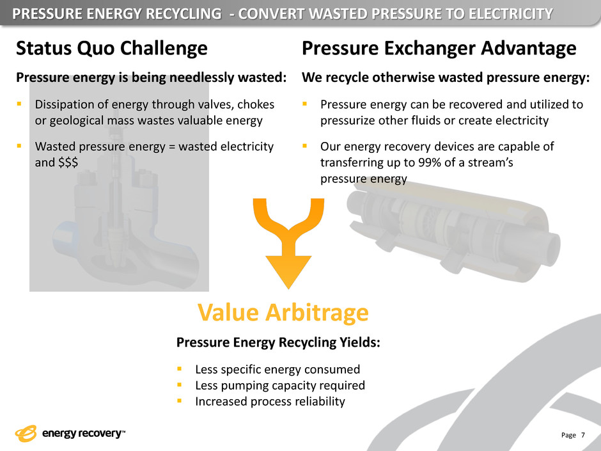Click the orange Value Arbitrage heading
(283, 313)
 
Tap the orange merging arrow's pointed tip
(288, 288)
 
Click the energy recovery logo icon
(26, 433)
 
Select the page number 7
(583, 435)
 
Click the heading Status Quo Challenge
(111, 49)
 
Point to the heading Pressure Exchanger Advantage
(439, 49)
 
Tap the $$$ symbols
(68, 162)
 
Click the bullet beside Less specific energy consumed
(179, 369)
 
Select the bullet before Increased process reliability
(179, 400)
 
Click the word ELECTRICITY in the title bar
(511, 14)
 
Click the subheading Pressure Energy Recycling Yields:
(278, 342)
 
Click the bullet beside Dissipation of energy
(19, 104)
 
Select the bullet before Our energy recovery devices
(304, 146)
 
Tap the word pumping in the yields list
(233, 385)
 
